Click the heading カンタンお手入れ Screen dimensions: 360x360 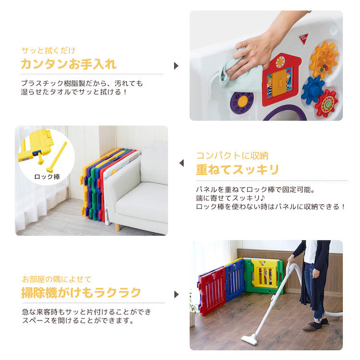click(x=69, y=64)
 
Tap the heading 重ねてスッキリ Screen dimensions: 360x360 click(x=238, y=169)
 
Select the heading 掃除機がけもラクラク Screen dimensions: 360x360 click(x=81, y=292)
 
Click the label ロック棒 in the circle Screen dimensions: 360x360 click(x=47, y=177)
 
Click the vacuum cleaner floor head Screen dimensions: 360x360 click(x=250, y=339)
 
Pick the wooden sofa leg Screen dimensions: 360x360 click(x=117, y=227)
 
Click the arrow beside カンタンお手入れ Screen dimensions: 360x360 click(x=176, y=66)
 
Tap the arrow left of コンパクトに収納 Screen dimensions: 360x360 click(x=181, y=163)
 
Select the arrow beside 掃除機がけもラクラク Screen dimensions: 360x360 click(x=176, y=294)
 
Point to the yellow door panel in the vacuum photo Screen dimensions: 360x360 click(x=264, y=274)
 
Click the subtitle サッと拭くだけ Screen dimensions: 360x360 click(x=48, y=50)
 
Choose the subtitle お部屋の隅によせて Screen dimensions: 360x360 click(x=57, y=279)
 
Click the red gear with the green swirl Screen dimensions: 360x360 click(x=326, y=104)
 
